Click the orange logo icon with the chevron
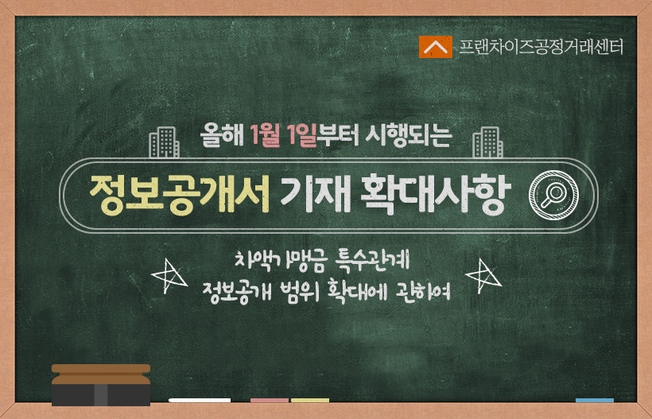[x=436, y=47]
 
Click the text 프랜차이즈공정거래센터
[x=541, y=47]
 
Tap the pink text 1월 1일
[x=284, y=136]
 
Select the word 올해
[x=222, y=135]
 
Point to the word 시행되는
[x=408, y=136]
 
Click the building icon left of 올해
[x=165, y=142]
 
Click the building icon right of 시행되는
[x=487, y=142]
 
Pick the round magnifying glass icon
[x=553, y=195]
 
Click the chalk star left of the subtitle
[x=169, y=276]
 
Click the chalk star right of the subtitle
[x=483, y=276]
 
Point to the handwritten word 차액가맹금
[x=279, y=262]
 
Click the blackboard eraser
[x=101, y=385]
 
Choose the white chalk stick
[x=200, y=400]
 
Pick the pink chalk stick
[x=270, y=400]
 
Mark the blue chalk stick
[x=595, y=400]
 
